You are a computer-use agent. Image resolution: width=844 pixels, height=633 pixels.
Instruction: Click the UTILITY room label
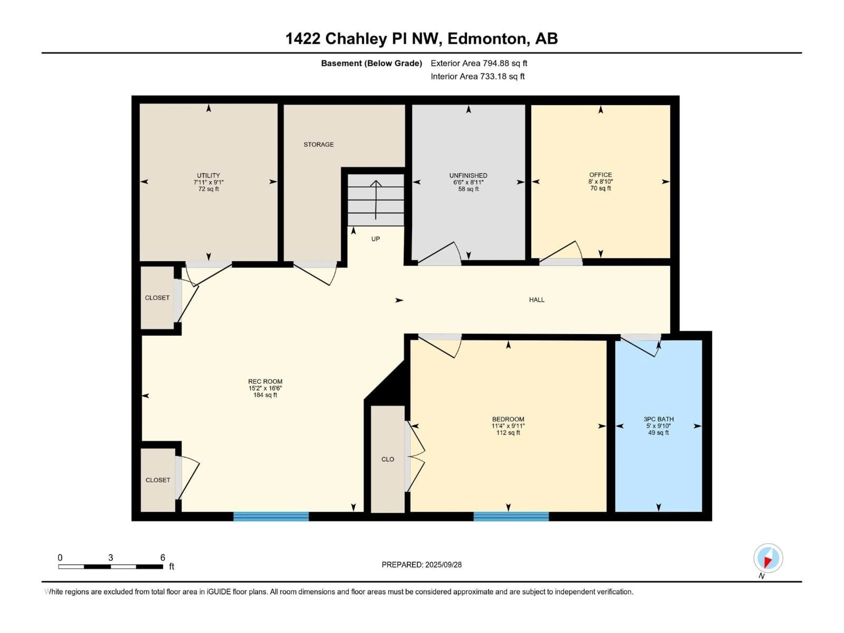pyautogui.click(x=208, y=176)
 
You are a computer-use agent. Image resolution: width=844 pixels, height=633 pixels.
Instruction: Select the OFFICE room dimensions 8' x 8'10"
pyautogui.click(x=600, y=182)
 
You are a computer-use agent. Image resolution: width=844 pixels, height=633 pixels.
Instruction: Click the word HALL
pyautogui.click(x=537, y=300)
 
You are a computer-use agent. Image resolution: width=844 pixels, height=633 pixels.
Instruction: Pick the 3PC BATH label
pyautogui.click(x=658, y=419)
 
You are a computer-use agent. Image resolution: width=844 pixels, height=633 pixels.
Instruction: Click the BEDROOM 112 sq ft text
pyautogui.click(x=508, y=433)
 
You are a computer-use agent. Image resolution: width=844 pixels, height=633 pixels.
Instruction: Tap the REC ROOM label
pyautogui.click(x=265, y=381)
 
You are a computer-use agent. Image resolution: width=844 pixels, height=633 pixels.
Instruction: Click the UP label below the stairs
pyautogui.click(x=375, y=239)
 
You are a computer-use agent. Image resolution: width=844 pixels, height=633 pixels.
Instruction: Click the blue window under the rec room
pyautogui.click(x=271, y=516)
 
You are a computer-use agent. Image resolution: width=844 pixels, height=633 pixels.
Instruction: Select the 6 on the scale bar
pyautogui.click(x=163, y=557)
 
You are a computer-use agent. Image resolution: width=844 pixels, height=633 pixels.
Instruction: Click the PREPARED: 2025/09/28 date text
pyautogui.click(x=421, y=565)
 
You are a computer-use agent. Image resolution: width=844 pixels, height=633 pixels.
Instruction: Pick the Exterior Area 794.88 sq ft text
pyautogui.click(x=479, y=63)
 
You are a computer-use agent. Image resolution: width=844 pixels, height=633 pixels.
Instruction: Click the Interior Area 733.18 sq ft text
pyautogui.click(x=477, y=76)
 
